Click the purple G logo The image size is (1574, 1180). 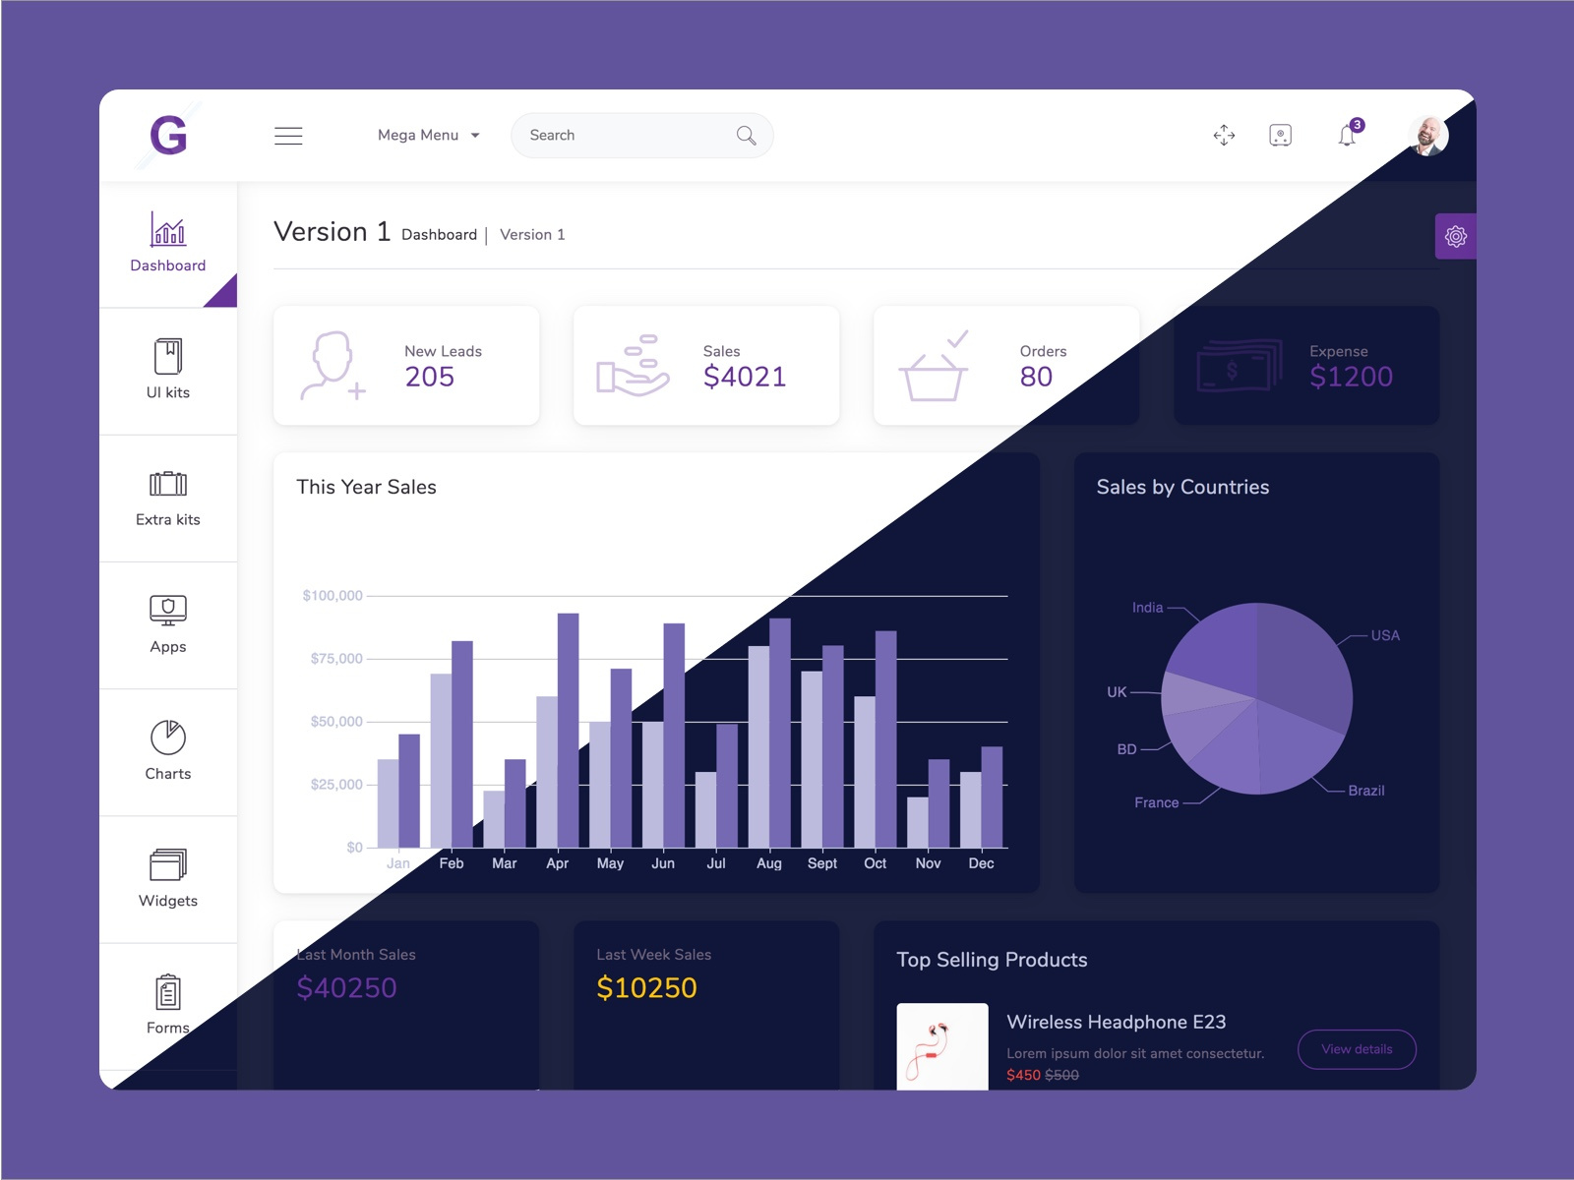click(168, 135)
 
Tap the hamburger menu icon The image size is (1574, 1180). click(288, 136)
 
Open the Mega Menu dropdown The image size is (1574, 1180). click(429, 136)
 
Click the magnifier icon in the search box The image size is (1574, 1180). click(747, 136)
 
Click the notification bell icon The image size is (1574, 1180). click(1347, 136)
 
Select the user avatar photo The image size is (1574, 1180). click(1427, 136)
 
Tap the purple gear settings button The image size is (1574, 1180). click(1456, 236)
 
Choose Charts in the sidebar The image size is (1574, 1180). click(168, 751)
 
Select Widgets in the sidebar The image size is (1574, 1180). click(168, 878)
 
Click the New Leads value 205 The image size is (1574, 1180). click(430, 377)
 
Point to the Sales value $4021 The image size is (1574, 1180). click(745, 377)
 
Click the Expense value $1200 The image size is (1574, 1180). click(1351, 377)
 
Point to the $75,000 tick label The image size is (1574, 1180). click(336, 659)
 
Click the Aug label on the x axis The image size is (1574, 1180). click(769, 863)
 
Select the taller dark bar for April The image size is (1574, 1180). click(568, 730)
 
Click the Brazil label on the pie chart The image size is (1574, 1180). click(1365, 791)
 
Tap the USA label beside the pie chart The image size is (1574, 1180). click(1385, 635)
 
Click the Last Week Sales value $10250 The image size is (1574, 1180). click(646, 987)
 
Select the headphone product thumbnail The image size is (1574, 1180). click(942, 1046)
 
